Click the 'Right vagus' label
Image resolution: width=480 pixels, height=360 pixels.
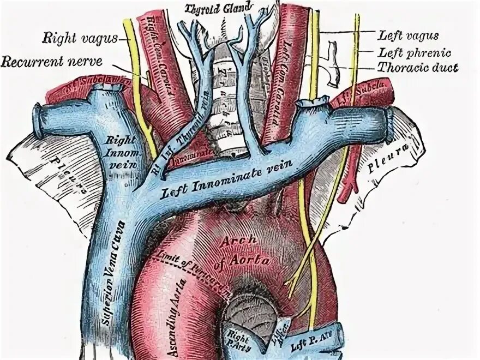[x=79, y=38]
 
